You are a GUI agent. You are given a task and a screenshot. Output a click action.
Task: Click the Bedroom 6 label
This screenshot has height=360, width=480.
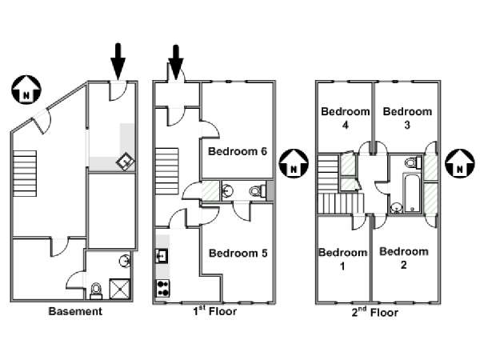click(238, 151)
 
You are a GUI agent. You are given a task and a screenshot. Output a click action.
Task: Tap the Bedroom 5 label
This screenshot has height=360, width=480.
click(238, 253)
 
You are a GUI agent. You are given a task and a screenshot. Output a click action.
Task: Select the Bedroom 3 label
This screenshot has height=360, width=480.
click(407, 118)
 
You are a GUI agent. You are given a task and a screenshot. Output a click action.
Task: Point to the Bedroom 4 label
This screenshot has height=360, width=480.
click(346, 118)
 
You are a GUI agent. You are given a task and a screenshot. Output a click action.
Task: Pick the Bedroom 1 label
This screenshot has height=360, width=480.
click(343, 259)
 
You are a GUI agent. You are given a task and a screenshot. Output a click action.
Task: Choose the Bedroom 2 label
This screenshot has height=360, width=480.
click(404, 258)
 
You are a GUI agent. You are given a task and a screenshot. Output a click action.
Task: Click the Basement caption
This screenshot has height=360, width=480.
click(75, 311)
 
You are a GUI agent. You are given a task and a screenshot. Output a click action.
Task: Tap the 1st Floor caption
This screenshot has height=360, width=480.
click(215, 310)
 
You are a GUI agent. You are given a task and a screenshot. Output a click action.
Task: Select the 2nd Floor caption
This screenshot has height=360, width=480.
click(374, 312)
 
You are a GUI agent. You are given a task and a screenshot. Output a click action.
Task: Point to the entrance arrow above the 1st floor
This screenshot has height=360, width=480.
click(176, 62)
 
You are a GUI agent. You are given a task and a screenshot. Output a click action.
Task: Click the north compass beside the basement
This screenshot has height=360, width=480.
click(26, 90)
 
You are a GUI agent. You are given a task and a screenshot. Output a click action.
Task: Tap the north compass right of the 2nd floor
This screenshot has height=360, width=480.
click(459, 163)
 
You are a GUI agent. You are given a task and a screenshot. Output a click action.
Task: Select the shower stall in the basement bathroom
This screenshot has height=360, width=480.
click(120, 289)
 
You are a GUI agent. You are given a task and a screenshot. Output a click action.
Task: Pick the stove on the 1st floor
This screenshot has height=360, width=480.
click(163, 289)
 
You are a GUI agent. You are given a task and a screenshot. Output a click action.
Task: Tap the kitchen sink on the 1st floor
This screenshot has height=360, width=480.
click(162, 256)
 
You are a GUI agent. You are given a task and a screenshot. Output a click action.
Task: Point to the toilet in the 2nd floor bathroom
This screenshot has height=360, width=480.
click(413, 162)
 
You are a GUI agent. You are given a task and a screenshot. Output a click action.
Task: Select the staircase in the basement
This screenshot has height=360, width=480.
click(25, 174)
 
